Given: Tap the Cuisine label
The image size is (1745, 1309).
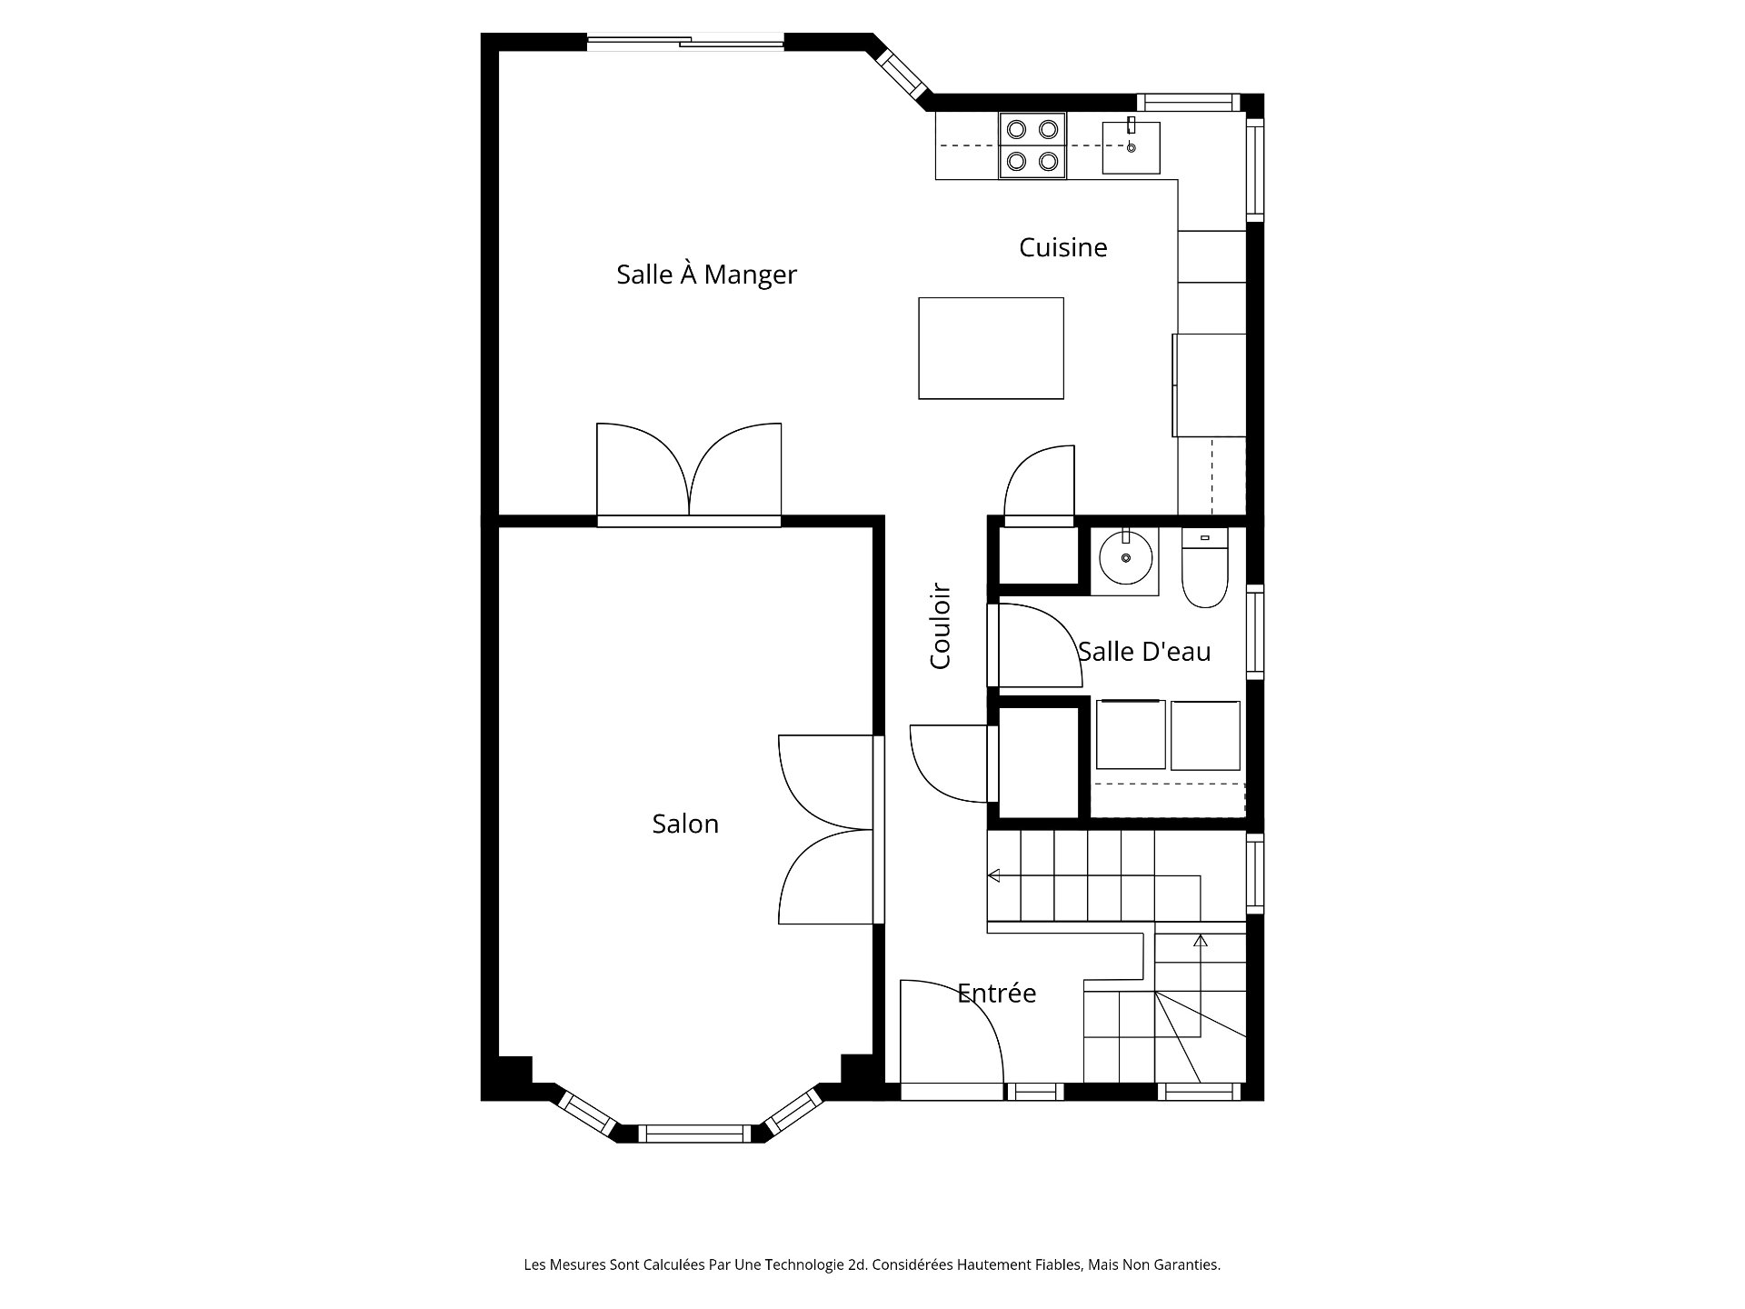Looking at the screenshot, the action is click(1062, 247).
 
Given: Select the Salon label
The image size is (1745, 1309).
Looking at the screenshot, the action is click(685, 824).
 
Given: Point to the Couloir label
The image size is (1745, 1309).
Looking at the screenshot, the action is click(940, 626).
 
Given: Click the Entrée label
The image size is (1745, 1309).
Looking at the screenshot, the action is click(996, 993).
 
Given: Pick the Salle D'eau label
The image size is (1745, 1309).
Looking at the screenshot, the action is click(1144, 651).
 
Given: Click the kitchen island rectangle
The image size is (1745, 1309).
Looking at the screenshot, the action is click(991, 348).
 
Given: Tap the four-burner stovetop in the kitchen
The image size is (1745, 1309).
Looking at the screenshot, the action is click(1032, 145).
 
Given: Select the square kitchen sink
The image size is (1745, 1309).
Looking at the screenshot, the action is click(1131, 146).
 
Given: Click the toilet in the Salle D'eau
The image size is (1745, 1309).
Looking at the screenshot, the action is click(1204, 567).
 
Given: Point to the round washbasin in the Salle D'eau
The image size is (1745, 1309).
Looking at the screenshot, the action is click(1125, 559).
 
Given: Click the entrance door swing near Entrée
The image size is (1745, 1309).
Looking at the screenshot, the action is click(952, 1032).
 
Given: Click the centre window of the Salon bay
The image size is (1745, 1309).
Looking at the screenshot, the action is click(695, 1134).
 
